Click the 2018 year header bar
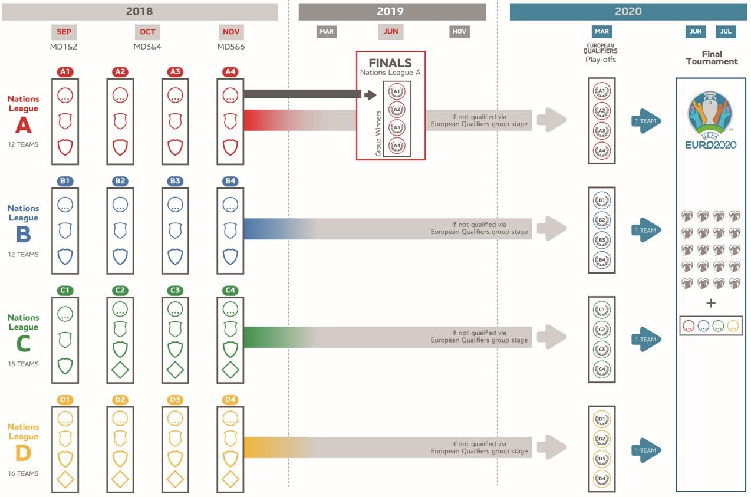140,12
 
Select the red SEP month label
65,32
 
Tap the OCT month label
147,32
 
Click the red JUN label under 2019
390,32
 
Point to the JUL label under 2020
726,32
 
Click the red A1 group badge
65,72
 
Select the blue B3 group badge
175,181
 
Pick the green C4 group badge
230,291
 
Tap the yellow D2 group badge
120,400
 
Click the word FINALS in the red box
390,63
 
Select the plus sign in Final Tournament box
711,304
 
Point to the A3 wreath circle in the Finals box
397,127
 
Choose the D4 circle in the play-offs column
602,478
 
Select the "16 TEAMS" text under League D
23,473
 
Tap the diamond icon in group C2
120,370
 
